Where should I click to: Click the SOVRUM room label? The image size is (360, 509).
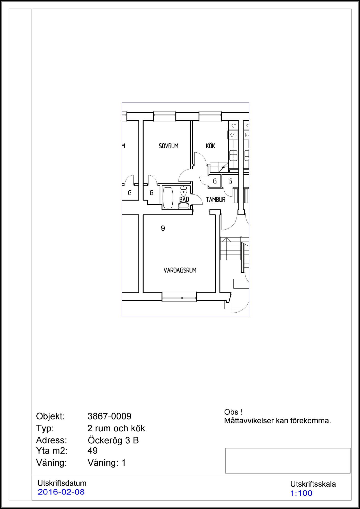tap(169, 146)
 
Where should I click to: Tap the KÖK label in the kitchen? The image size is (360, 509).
tap(211, 146)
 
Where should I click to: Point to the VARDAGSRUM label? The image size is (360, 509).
tap(180, 270)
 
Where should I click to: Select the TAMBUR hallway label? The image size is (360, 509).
tap(216, 200)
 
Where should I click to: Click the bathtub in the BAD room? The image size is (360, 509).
tap(168, 198)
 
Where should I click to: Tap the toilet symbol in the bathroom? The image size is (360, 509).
tap(184, 190)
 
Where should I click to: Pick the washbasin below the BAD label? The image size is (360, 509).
tap(184, 206)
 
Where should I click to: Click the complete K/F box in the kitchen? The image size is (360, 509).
tap(233, 135)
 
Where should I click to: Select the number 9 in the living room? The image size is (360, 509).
tap(163, 228)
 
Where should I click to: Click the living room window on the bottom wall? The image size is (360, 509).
tap(179, 297)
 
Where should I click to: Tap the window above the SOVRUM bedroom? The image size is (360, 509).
tap(164, 116)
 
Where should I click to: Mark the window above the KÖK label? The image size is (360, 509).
tap(210, 116)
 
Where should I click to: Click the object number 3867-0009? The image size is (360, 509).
tap(109, 416)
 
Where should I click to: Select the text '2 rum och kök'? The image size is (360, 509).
tap(116, 428)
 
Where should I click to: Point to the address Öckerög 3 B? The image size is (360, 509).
tap(113, 440)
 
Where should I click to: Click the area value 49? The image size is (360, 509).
tap(93, 451)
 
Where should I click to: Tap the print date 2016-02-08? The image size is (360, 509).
tap(61, 492)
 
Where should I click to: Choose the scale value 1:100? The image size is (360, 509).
tap(301, 493)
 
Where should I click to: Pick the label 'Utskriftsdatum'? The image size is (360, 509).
tap(62, 483)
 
